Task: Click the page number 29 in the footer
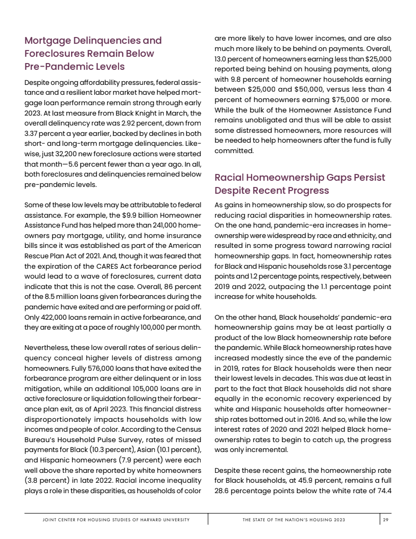(385, 520)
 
